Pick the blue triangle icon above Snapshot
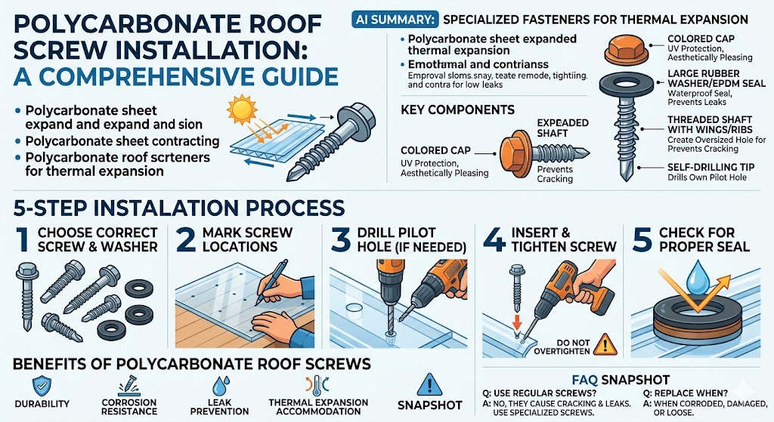(428, 384)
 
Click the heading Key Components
(457, 110)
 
